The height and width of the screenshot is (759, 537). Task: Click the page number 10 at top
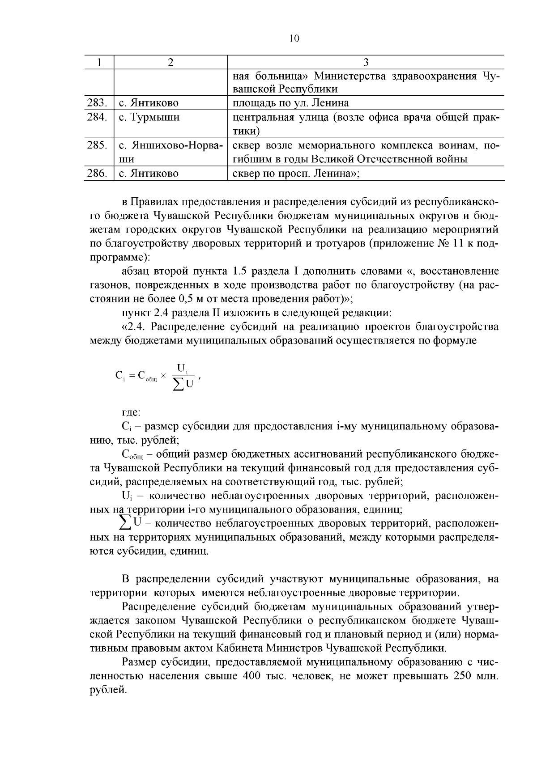click(294, 38)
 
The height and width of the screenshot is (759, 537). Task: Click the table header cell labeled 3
click(366, 62)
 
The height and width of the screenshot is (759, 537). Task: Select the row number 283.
click(97, 103)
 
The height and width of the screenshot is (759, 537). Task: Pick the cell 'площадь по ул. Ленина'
click(291, 103)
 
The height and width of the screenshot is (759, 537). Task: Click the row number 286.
click(97, 174)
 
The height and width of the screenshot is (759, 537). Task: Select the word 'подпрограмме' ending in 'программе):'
click(119, 258)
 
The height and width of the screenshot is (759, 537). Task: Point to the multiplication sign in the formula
click(163, 377)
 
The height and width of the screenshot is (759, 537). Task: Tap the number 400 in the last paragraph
click(251, 676)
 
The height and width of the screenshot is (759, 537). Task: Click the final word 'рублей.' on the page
click(109, 690)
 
